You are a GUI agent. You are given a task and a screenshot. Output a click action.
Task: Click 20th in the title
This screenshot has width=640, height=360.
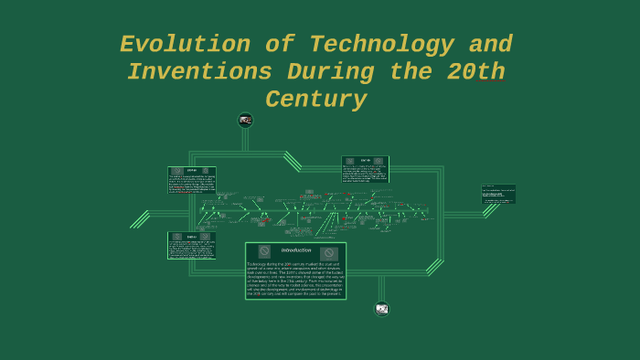pyautogui.click(x=475, y=72)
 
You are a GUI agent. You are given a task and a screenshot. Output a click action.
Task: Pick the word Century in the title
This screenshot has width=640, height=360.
pyautogui.click(x=315, y=100)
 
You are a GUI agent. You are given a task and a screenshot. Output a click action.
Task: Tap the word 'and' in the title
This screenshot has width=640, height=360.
pyautogui.click(x=490, y=45)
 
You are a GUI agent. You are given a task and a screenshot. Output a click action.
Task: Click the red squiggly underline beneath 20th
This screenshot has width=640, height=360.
pyautogui.click(x=490, y=82)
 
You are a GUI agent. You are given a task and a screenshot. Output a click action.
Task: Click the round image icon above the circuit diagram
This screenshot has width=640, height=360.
pyautogui.click(x=245, y=120)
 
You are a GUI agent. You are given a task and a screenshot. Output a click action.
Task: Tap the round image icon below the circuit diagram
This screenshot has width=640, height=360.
pyautogui.click(x=381, y=309)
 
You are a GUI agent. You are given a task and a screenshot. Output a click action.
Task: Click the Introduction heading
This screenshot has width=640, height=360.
pyautogui.click(x=295, y=250)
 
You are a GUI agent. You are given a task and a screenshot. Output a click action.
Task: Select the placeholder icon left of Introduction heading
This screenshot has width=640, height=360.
pyautogui.click(x=264, y=251)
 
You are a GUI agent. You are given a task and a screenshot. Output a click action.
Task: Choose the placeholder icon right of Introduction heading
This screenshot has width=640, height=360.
pyautogui.click(x=328, y=253)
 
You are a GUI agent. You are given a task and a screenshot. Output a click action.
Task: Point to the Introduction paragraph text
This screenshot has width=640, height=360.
pyautogui.click(x=295, y=279)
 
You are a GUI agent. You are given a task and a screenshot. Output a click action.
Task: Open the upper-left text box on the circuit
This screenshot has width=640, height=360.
pyautogui.click(x=192, y=180)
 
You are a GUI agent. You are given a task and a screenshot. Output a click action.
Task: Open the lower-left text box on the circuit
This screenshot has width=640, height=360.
pyautogui.click(x=192, y=245)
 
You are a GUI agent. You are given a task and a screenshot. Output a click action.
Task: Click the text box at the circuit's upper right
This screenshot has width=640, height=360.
pyautogui.click(x=365, y=169)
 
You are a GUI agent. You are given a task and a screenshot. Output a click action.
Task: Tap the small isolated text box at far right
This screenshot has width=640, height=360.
pyautogui.click(x=498, y=194)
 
